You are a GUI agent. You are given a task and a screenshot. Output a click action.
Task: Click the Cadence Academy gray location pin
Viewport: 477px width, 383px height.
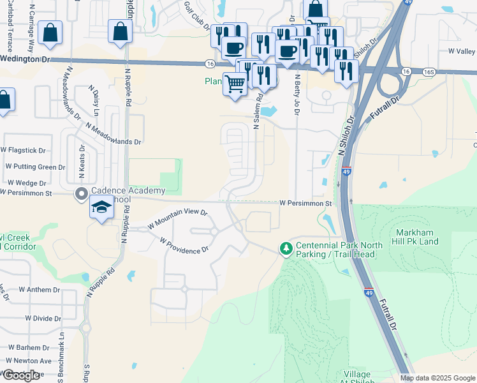[x=81, y=194]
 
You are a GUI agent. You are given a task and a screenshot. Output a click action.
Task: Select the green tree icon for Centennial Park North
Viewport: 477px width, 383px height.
[x=287, y=248]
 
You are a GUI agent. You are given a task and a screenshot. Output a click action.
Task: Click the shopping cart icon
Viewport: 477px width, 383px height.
[x=235, y=84]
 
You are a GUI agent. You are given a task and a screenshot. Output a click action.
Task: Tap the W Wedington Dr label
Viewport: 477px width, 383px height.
[x=24, y=59]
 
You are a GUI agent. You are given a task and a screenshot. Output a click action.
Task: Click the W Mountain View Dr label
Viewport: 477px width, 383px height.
[x=178, y=218]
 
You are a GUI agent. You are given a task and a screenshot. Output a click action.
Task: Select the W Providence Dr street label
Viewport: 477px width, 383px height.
[x=184, y=246]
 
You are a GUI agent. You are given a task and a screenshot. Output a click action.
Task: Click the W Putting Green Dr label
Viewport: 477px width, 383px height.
[x=36, y=167]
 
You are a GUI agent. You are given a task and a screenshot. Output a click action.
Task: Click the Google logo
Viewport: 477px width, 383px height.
[x=21, y=375]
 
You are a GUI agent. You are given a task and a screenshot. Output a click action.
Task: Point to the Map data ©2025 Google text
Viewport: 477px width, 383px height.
[x=438, y=378]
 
